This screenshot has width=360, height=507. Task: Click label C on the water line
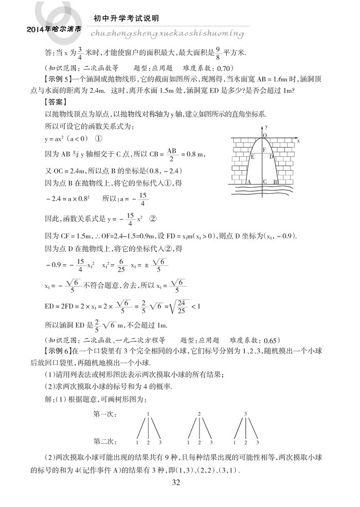(x=264, y=182)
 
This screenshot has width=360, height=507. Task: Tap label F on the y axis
(x=264, y=150)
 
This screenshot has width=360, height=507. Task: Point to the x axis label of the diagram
(x=298, y=140)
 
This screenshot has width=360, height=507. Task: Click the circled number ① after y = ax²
(x=98, y=138)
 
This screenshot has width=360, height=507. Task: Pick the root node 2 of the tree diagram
(x=199, y=413)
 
